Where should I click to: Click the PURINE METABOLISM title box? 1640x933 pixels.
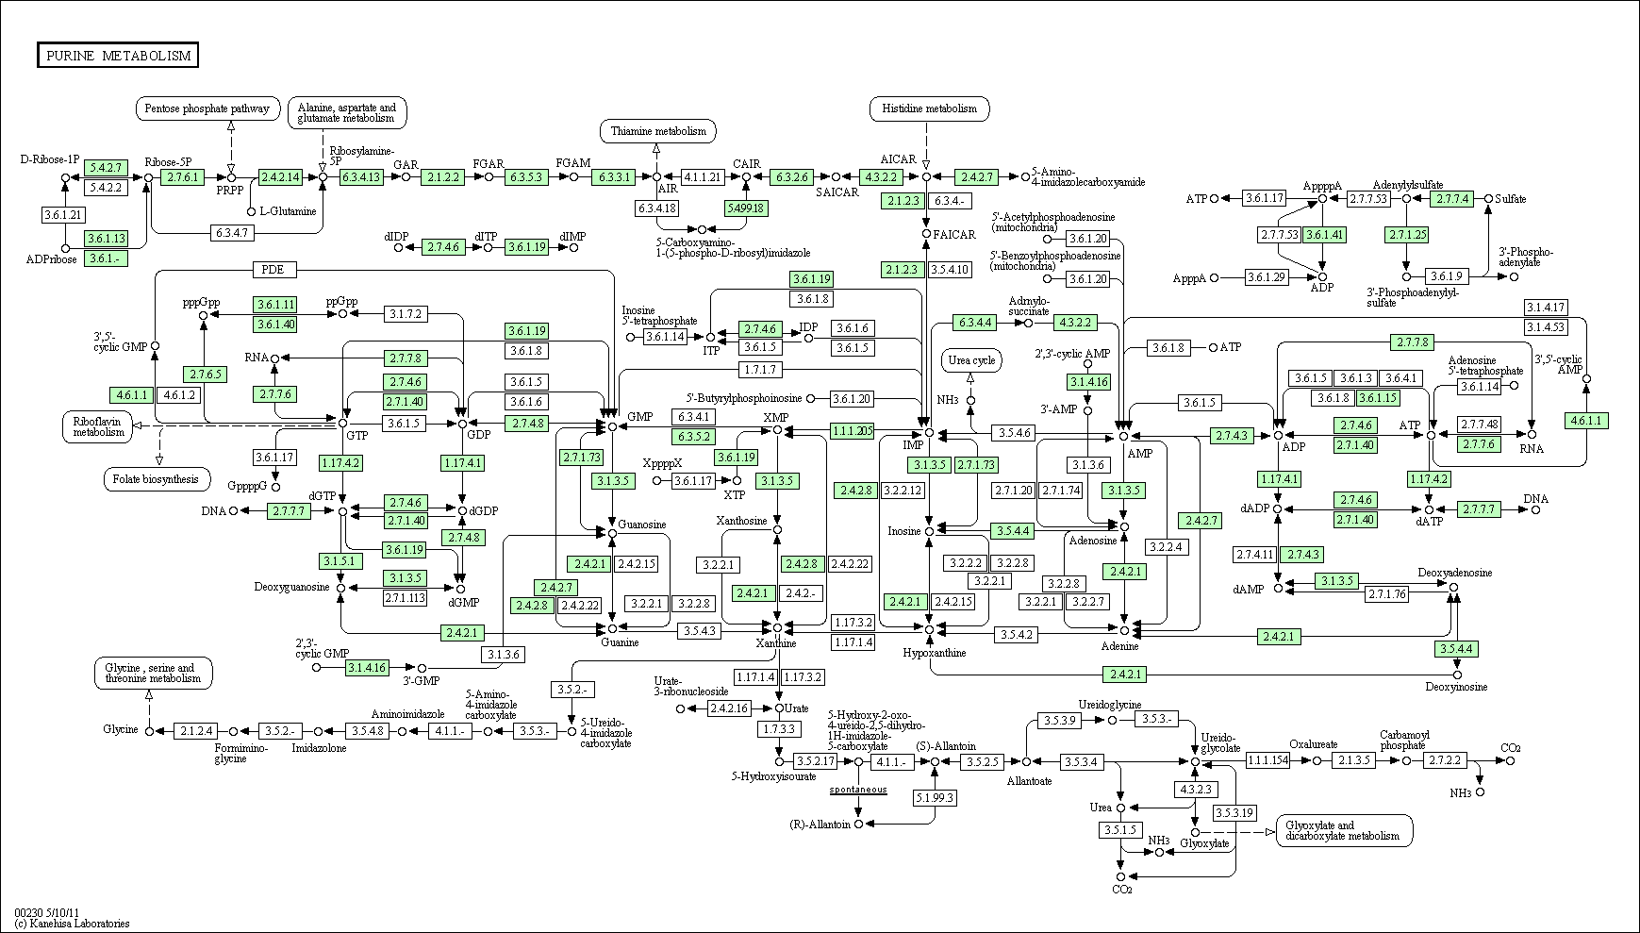118,56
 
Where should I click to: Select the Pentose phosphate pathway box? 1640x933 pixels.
208,108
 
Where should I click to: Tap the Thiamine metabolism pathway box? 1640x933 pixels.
657,131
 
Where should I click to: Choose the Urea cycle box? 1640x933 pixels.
971,360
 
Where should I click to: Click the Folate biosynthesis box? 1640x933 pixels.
156,478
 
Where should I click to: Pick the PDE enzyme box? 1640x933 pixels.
275,271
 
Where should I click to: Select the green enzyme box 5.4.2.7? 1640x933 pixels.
105,168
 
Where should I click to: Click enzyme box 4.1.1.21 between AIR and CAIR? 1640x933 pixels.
702,176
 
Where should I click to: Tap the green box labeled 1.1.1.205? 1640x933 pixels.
853,430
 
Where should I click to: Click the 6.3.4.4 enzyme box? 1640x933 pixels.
975,323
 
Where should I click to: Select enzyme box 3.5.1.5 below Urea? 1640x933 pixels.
1120,830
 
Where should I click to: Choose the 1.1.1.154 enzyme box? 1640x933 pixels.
1267,760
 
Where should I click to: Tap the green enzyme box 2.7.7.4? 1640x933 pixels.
1452,199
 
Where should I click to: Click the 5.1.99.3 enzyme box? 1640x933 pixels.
935,797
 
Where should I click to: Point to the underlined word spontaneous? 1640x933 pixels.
858,789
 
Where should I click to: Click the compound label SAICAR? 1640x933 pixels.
837,192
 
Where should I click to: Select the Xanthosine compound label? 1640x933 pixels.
741,521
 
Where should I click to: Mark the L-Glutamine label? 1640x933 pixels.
288,211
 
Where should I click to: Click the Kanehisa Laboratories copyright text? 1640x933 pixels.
72,924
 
